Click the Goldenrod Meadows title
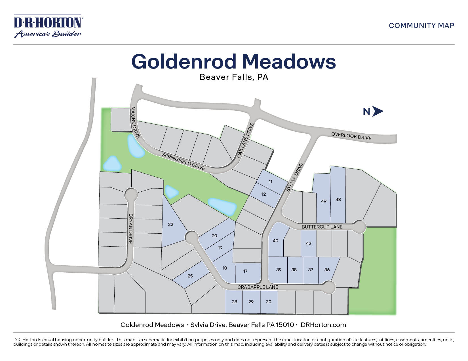pyautogui.click(x=233, y=61)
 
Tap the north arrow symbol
pyautogui.click(x=377, y=112)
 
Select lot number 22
pyautogui.click(x=170, y=225)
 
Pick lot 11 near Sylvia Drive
pyautogui.click(x=270, y=182)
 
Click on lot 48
pyautogui.click(x=338, y=200)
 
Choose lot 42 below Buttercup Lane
pyautogui.click(x=309, y=243)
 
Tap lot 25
pyautogui.click(x=190, y=276)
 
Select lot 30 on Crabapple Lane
pyautogui.click(x=269, y=302)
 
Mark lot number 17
pyautogui.click(x=245, y=271)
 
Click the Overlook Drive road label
pyautogui.click(x=351, y=136)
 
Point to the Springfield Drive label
pyautogui.click(x=183, y=161)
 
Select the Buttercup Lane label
pyautogui.click(x=322, y=227)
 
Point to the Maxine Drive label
pyautogui.click(x=135, y=122)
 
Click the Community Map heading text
pyautogui.click(x=421, y=26)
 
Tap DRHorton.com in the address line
pyautogui.click(x=323, y=325)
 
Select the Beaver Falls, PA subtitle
pyautogui.click(x=234, y=77)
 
